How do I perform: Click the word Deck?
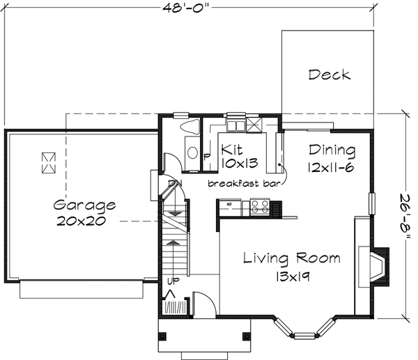330,75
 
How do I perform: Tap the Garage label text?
84,205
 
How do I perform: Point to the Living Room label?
292,258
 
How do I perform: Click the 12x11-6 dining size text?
332,166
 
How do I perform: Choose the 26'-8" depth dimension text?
406,215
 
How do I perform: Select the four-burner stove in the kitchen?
260,206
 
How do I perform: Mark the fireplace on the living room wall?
378,266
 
